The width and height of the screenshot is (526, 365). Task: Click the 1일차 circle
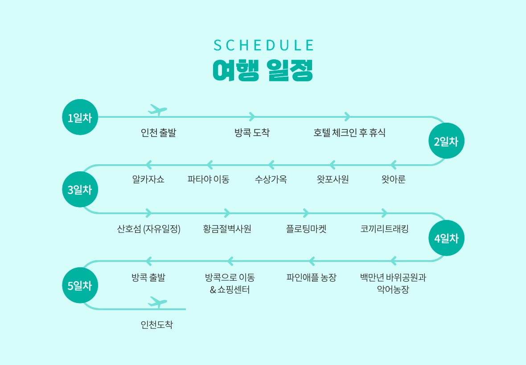(80, 117)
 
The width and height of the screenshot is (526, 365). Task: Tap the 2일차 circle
(447, 141)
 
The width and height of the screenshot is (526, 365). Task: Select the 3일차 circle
(80, 189)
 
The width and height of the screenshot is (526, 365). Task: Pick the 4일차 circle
(447, 238)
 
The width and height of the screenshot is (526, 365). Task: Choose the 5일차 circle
(80, 286)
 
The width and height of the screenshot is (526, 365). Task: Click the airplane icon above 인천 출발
(157, 110)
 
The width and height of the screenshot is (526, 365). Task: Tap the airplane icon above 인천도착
(157, 302)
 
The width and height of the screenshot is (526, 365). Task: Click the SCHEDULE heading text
(263, 46)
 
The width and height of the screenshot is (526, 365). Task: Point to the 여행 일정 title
(263, 70)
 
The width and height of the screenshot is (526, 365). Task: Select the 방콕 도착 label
(252, 133)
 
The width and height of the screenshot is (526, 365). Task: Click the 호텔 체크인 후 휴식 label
(349, 133)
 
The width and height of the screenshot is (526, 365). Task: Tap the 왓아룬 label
(393, 179)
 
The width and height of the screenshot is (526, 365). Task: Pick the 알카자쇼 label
(148, 179)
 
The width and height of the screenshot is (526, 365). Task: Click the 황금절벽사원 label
(227, 229)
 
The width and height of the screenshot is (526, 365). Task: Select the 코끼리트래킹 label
(384, 229)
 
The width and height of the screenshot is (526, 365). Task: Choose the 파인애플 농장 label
(311, 278)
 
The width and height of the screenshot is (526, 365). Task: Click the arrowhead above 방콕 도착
(252, 117)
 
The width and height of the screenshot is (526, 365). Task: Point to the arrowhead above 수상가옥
(271, 165)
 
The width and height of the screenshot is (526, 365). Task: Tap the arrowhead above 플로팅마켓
(306, 213)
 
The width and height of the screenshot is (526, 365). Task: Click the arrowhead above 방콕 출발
(148, 261)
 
